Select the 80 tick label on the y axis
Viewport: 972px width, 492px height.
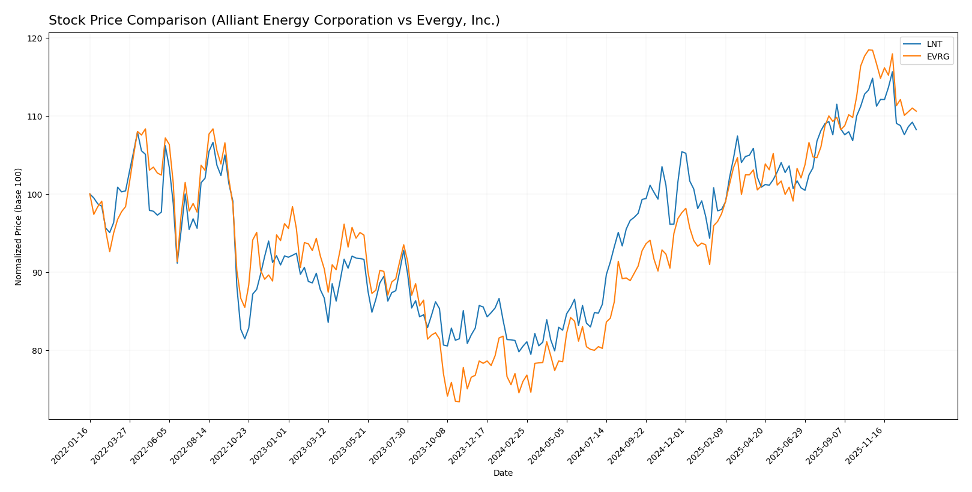click(x=37, y=351)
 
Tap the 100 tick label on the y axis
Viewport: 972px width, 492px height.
click(x=35, y=195)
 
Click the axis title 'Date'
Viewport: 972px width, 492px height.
click(x=503, y=473)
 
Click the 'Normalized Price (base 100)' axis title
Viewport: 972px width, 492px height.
click(x=19, y=226)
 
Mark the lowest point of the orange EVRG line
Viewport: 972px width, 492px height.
click(x=459, y=401)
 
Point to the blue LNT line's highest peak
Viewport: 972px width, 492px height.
click(x=892, y=71)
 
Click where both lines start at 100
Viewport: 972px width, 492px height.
click(x=90, y=194)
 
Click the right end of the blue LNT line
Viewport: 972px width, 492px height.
click(x=916, y=130)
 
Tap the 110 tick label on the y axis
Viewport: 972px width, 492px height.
click(x=35, y=117)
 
